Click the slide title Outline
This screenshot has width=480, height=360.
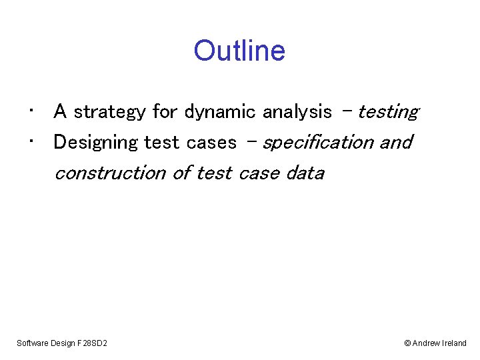(x=239, y=51)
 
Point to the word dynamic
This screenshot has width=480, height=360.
(x=220, y=112)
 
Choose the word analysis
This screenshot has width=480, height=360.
(x=297, y=112)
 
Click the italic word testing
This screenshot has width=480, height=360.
(x=388, y=112)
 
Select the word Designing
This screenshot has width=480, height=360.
(x=96, y=143)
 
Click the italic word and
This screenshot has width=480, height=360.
(x=396, y=143)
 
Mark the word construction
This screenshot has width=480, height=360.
(x=110, y=173)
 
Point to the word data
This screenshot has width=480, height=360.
(x=305, y=173)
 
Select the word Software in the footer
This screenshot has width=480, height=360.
(x=32, y=343)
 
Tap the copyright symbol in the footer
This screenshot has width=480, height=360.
(x=407, y=343)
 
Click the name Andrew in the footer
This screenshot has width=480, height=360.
(x=426, y=343)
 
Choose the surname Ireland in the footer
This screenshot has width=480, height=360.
(x=455, y=343)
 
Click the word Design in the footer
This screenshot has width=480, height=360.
(x=63, y=343)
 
